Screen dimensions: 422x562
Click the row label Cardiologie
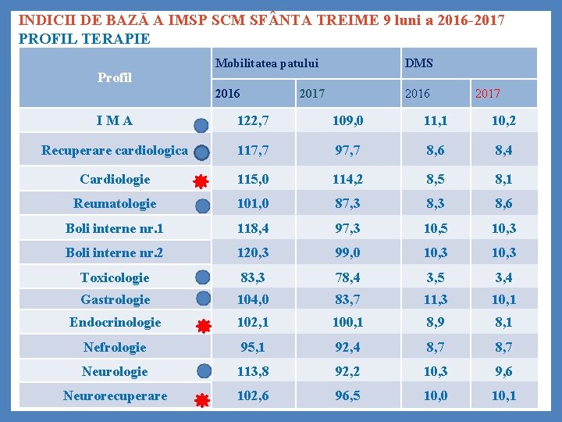115,179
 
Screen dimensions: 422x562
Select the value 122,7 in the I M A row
253,121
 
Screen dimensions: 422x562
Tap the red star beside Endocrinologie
202,326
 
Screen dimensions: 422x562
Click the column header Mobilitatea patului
267,63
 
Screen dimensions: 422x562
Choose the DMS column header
418,63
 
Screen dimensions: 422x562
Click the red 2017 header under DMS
488,93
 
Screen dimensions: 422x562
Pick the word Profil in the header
115,77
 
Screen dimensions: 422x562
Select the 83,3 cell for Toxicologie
253,277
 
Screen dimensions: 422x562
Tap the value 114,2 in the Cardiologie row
347,179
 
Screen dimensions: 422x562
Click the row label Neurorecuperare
115,395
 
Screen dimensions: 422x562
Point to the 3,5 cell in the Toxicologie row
436,277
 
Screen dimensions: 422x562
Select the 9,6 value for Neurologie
503,371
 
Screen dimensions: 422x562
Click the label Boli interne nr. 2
114,252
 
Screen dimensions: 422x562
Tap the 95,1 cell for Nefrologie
253,346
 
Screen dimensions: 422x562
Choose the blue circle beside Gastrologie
202,298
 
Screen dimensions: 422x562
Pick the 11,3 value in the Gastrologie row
436,299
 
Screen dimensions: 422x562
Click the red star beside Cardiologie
201,181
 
